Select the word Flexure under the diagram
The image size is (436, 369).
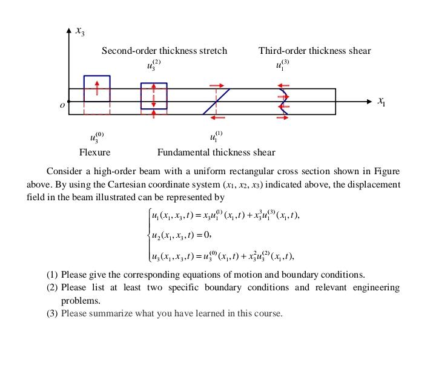pos(95,152)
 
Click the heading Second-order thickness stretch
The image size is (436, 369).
pos(164,51)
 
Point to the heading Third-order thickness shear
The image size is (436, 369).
pos(314,51)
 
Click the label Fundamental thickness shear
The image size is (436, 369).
pos(216,152)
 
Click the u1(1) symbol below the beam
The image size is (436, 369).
pos(216,136)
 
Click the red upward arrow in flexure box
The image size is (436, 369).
pos(97,89)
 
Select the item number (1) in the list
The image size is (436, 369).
pos(53,275)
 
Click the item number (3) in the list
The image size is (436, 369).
pos(53,313)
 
